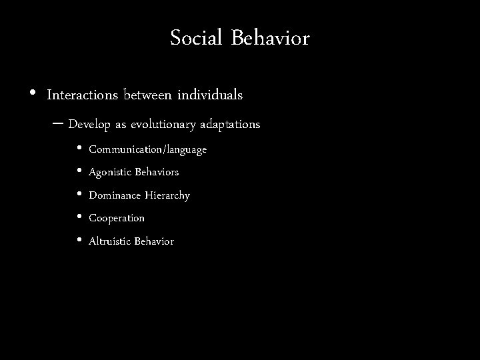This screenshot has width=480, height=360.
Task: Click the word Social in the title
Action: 197,39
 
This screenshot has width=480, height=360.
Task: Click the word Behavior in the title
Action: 270,39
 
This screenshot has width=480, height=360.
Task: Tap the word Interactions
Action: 83,95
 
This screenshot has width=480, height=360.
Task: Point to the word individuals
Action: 210,95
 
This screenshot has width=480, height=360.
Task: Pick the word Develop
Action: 89,125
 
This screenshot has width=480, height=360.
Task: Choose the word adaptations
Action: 231,125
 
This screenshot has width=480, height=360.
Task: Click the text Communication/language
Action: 147,150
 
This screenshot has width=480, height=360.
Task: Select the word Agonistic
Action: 111,173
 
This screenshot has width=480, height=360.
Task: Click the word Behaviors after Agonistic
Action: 157,173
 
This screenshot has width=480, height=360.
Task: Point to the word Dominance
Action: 115,196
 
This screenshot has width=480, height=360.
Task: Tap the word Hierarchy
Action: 167,196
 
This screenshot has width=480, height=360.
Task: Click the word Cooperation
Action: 117,219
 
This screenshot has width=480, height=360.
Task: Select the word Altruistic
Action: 110,241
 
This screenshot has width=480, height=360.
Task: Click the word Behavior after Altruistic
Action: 154,241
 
